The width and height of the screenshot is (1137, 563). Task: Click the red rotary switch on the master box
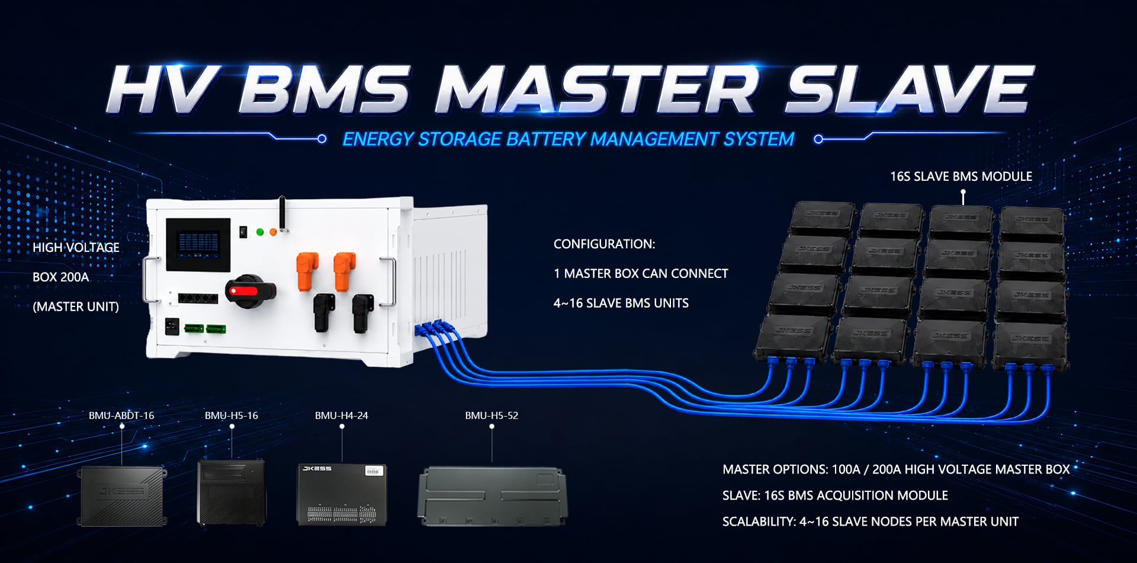pos(250,291)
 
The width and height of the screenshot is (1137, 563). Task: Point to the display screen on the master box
pos(198,245)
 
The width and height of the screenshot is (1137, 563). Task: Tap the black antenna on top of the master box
pos(283,214)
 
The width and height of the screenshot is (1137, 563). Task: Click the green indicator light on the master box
pos(259,232)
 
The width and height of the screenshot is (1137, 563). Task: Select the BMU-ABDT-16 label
pos(121,415)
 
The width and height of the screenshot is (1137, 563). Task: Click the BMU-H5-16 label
pos(232,415)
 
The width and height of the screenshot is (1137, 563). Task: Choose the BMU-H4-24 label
pos(342,415)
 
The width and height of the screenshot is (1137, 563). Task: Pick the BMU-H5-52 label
pos(492,415)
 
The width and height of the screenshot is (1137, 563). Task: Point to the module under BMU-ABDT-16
pos(122,496)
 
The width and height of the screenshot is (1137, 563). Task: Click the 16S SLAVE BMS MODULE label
pos(961,177)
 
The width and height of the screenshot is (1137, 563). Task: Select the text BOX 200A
pos(61,277)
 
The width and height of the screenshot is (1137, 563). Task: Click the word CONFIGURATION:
pos(605,244)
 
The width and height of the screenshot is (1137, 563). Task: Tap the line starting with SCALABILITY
pos(871,522)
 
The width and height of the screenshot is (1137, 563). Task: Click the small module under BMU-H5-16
pos(232,492)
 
